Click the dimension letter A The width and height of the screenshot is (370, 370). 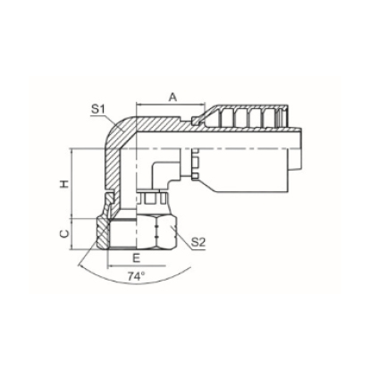pyautogui.click(x=172, y=97)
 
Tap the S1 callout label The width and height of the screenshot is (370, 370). pyautogui.click(x=98, y=110)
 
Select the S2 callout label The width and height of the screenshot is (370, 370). pyautogui.click(x=198, y=242)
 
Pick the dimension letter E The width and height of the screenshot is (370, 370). pyautogui.click(x=136, y=258)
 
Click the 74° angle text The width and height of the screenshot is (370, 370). pyautogui.click(x=135, y=276)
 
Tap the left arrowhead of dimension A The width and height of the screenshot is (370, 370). pyautogui.click(x=139, y=105)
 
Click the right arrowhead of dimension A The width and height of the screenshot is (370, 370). pyautogui.click(x=203, y=105)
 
